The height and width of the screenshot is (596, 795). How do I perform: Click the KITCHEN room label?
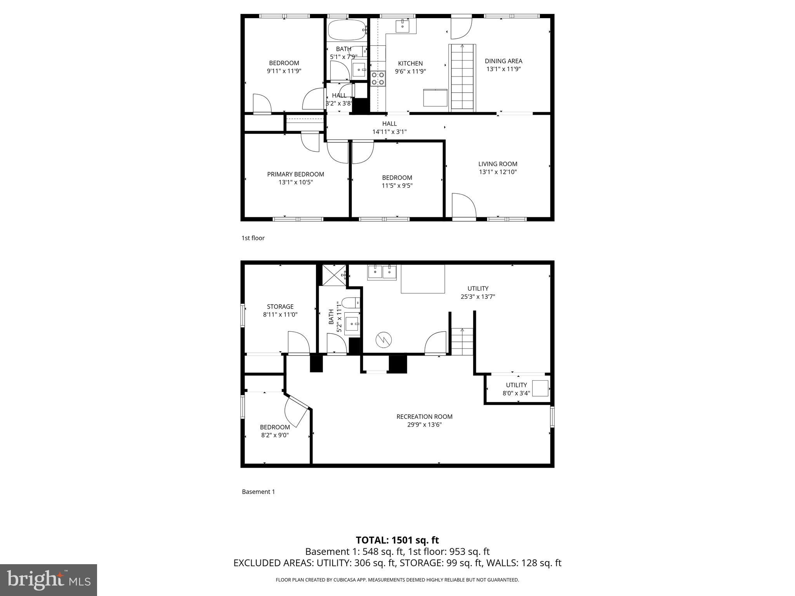click(410, 63)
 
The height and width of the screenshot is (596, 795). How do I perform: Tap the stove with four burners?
click(378, 78)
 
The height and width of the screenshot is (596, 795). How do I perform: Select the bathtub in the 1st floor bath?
click(347, 29)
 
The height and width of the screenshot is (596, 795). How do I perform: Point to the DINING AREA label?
click(503, 61)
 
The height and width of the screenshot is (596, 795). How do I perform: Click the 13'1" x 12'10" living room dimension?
click(498, 172)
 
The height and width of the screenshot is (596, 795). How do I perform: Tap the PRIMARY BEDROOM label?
click(295, 174)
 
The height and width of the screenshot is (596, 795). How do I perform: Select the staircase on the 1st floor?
click(462, 78)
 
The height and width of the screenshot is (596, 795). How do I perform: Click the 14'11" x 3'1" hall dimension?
click(389, 132)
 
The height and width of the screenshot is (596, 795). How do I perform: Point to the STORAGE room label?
click(280, 307)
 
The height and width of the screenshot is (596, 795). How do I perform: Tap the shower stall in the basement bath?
click(334, 275)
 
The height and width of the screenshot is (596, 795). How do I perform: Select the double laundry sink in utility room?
click(382, 272)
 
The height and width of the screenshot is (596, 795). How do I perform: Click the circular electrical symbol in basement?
click(384, 340)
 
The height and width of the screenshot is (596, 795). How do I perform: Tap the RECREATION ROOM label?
click(424, 416)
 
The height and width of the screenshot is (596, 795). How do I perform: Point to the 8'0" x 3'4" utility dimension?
click(516, 393)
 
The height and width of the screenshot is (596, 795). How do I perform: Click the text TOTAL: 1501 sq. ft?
click(397, 540)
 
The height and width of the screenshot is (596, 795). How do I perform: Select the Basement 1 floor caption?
click(258, 492)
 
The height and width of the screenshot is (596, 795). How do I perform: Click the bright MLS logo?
click(49, 580)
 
